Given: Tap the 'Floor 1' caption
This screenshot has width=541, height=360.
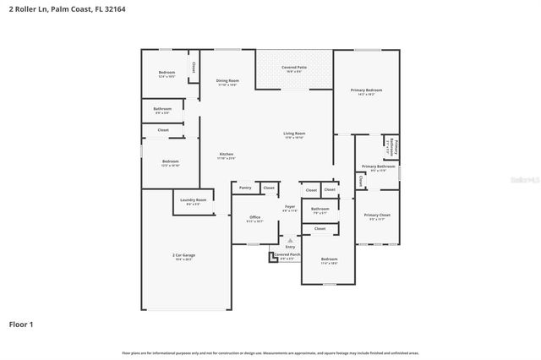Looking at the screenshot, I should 21,324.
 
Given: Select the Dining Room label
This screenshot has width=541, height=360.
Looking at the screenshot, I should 228,81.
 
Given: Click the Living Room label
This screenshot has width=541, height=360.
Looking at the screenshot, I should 294,134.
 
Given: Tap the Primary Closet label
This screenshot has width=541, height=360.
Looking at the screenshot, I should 377,215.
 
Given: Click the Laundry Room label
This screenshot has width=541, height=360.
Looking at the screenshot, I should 195,200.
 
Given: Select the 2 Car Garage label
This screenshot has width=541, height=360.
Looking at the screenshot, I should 183,254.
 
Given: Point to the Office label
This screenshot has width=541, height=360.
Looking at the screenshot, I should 254,217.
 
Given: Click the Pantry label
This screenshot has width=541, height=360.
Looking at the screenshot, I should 245,188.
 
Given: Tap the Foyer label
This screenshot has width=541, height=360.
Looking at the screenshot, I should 289,206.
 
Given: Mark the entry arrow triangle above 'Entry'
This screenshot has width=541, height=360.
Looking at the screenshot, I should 290,240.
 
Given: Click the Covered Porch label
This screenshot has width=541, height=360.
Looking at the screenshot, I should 287,254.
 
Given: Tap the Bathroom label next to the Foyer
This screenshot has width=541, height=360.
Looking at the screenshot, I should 320,209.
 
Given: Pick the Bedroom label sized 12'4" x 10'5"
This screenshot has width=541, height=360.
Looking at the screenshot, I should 167,73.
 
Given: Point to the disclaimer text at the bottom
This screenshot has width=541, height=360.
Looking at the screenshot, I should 270,352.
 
